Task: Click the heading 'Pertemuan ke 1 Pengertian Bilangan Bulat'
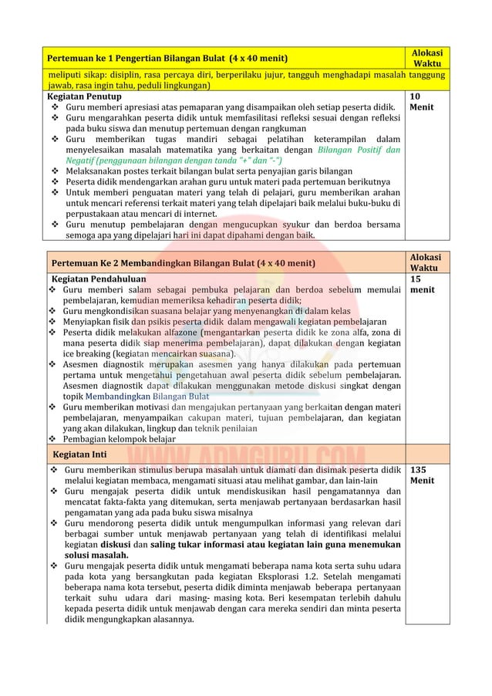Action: tap(163, 58)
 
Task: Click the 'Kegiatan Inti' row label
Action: tap(74, 454)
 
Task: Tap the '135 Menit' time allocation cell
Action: tap(423, 474)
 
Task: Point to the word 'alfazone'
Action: tap(175, 333)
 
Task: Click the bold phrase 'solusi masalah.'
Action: tap(96, 555)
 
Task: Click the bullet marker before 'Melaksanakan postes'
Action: tap(53, 171)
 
